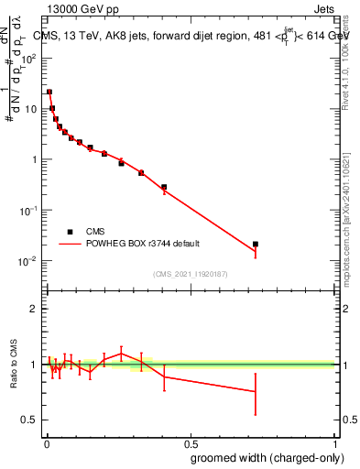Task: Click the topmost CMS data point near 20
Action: click(49, 92)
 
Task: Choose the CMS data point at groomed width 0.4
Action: click(164, 187)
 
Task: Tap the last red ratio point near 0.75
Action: click(256, 391)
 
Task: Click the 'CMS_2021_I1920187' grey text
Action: click(191, 273)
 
